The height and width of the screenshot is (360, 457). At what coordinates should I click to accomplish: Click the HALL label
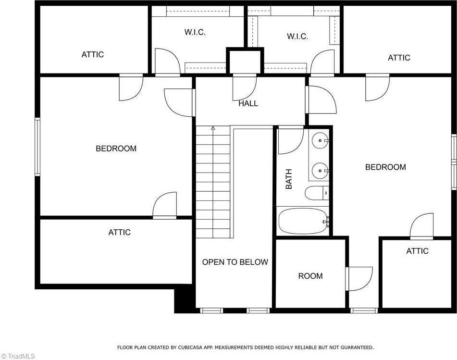point(248,103)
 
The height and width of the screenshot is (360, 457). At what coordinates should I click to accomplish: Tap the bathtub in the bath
point(303,221)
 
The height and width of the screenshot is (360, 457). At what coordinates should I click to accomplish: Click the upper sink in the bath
point(320,141)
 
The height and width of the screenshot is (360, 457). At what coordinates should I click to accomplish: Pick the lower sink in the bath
point(320,170)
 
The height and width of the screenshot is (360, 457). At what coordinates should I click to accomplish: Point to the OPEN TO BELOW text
point(235,262)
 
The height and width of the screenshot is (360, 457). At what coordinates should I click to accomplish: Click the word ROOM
point(310,276)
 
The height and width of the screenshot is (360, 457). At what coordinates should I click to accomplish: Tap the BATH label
point(289,178)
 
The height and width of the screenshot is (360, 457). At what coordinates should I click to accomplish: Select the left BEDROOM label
point(116,149)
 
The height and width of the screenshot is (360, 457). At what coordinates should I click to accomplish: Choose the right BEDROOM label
point(385,167)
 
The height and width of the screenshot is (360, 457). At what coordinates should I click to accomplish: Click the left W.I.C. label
point(195,32)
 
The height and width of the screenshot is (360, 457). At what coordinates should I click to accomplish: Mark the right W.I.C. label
point(297,36)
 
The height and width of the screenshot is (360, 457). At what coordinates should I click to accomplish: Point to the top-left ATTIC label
point(92,54)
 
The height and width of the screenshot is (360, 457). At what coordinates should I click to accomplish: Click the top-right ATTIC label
point(399,58)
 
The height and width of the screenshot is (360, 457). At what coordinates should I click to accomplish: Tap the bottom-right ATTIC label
point(417,251)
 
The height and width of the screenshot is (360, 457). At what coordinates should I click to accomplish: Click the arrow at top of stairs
point(212,128)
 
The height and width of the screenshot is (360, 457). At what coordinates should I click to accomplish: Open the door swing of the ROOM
point(360,279)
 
